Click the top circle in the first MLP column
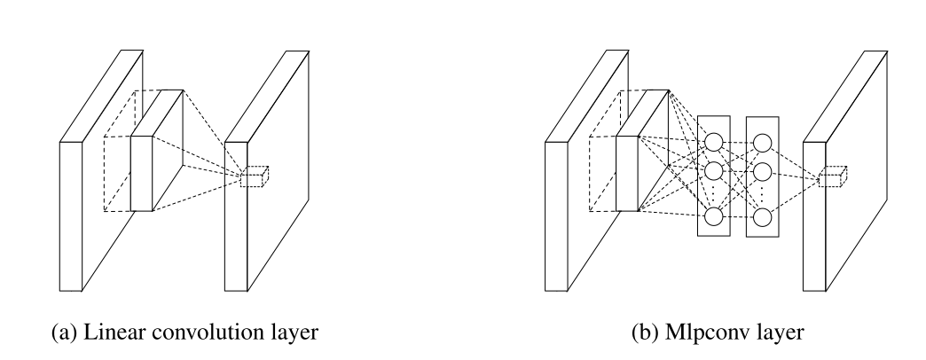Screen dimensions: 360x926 714,142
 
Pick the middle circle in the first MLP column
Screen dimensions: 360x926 714,169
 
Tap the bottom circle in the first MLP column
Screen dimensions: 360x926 714,216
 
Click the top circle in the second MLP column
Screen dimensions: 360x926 761,142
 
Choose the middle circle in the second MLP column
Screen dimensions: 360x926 761,169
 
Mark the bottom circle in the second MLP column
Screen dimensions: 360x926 761,216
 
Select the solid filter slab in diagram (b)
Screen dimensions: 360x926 628,173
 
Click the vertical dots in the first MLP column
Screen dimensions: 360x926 714,193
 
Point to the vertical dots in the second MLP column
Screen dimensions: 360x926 761,193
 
